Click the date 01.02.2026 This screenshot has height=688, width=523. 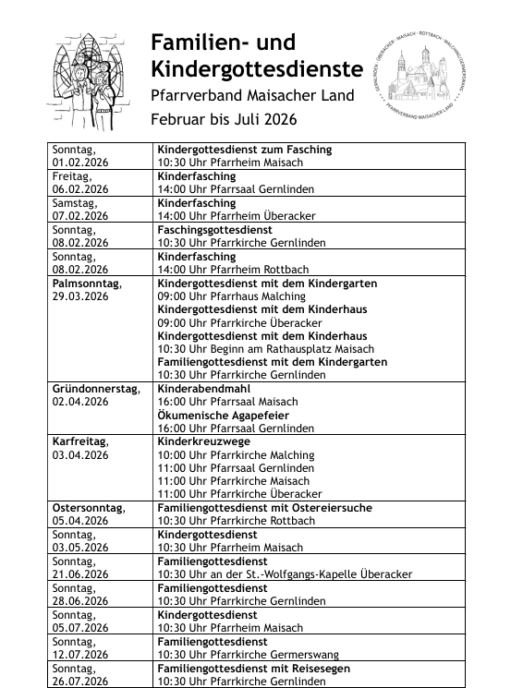[x=80, y=163]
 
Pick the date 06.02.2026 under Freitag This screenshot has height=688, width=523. [x=80, y=189]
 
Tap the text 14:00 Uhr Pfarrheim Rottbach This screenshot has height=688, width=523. [x=236, y=269]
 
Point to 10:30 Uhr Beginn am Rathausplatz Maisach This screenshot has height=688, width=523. [x=266, y=349]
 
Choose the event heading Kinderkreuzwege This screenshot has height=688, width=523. [x=203, y=442]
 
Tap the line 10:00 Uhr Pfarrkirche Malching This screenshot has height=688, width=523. [x=236, y=455]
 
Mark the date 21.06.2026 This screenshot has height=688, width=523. [x=80, y=574]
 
